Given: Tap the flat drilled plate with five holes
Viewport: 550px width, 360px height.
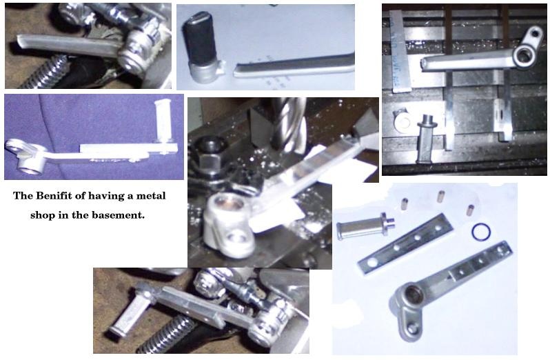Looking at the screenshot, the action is pos(405,243).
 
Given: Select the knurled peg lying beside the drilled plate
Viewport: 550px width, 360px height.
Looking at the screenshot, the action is pos(365,225).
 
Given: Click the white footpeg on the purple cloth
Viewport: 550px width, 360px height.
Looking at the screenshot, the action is pos(163,119).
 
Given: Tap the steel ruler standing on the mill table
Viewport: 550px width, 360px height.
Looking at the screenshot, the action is pos(400,51).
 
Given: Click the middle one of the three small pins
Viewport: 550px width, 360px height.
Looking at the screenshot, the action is pos(440,196).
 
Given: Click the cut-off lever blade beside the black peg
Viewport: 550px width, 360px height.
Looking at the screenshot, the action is pos(294,65).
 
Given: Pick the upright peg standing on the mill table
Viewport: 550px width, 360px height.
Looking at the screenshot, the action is pos(427,138).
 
